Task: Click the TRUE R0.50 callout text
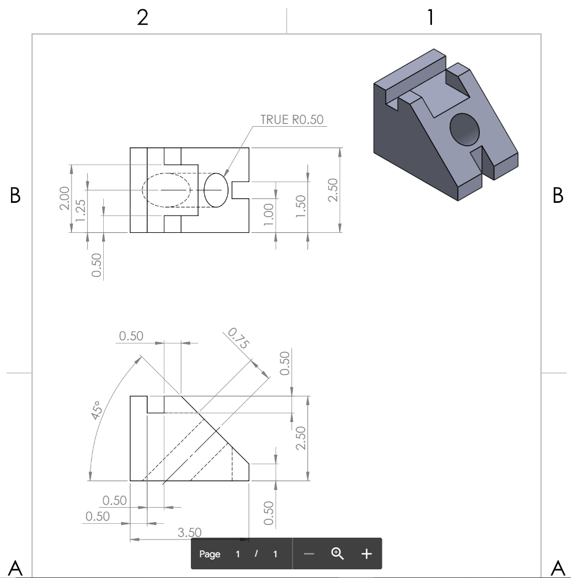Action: [x=292, y=119]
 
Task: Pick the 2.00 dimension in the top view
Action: [x=64, y=198]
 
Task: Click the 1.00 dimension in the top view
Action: [x=268, y=211]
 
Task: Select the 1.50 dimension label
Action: [x=299, y=207]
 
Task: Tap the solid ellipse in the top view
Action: [x=215, y=190]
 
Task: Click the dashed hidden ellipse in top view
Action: [x=166, y=190]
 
